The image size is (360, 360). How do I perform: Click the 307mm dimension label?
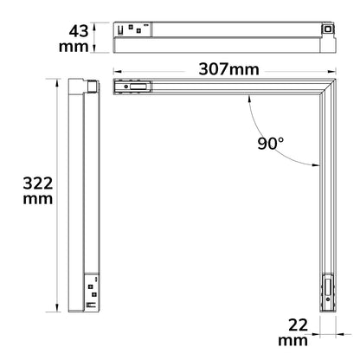pos(228,69)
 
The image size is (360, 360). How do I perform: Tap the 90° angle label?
pos(271,144)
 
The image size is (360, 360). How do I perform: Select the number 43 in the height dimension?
pos(79,31)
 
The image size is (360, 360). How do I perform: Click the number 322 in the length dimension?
pos(38,183)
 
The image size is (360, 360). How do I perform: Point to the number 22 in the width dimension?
pos(298,325)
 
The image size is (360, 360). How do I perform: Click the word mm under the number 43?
pos(74,47)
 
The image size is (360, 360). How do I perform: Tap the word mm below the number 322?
pos(38,199)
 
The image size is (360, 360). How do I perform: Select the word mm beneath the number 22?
pos(292,341)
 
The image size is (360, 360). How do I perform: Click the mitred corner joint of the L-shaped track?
pos(328,87)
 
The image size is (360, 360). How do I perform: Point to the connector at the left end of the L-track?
pos(132,87)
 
